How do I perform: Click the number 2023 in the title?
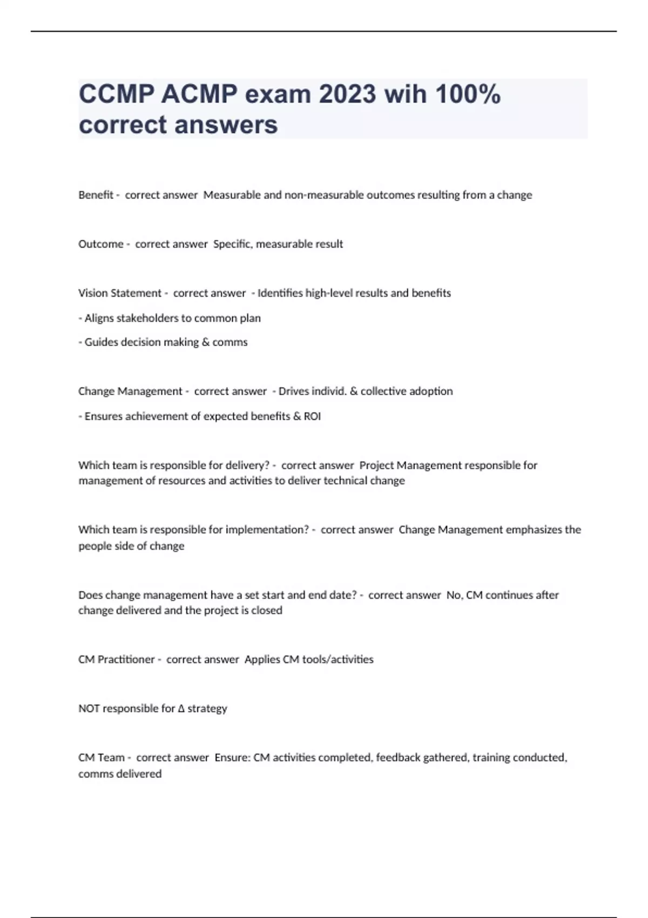[x=347, y=94]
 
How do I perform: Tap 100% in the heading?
[x=468, y=94]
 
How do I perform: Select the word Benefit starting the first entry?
[x=96, y=195]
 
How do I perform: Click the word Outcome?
[x=101, y=244]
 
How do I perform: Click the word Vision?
[x=93, y=293]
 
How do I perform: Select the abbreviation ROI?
[x=313, y=416]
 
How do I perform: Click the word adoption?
[x=430, y=391]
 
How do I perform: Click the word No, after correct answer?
[x=454, y=595]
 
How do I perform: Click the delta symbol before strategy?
[x=181, y=708]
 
